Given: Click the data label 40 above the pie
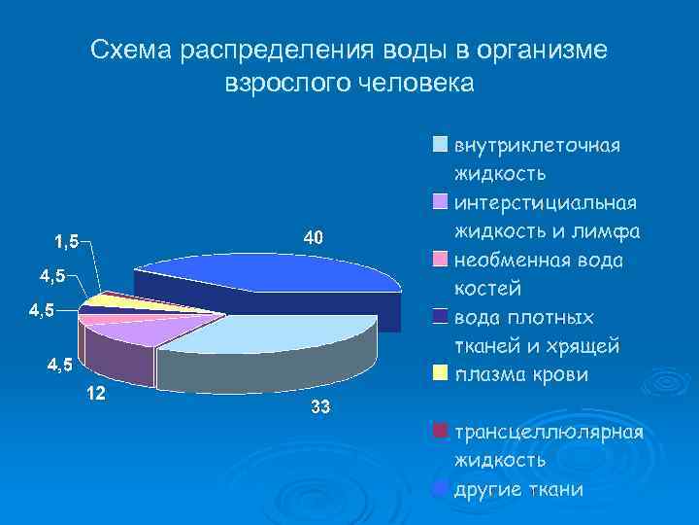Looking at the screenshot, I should coord(313,237).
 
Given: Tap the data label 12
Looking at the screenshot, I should coord(96,394).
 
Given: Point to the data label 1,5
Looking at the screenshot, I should coord(68,240).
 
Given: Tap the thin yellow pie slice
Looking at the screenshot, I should coord(107,301).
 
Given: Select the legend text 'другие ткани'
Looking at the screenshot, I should coord(518,489).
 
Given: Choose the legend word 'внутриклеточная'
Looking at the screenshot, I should coord(537,145).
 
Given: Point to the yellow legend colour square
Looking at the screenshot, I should coord(441,373).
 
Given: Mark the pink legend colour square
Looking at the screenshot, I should coord(441,260).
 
